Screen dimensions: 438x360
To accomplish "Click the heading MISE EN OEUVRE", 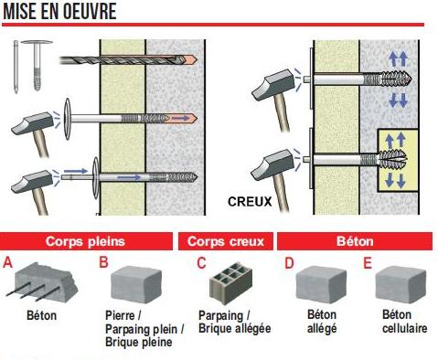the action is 59,12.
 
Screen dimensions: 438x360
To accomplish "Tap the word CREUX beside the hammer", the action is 250,202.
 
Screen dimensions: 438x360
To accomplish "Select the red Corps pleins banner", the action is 86,241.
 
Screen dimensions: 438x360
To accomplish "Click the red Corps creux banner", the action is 226,241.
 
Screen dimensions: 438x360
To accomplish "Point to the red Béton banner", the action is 355,241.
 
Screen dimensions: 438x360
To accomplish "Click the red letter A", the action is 8,262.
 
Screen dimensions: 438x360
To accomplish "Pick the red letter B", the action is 103,262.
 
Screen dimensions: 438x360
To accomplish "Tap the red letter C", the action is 201,263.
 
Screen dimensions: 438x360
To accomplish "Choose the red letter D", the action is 289,263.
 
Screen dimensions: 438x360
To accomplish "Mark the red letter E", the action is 368,263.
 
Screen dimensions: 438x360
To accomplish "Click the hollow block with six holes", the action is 230,282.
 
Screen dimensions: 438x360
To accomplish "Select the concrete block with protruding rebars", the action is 43,283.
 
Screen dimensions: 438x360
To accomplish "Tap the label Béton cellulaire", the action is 404,322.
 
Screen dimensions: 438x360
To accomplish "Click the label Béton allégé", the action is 322,322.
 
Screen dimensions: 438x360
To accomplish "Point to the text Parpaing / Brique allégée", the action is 234,322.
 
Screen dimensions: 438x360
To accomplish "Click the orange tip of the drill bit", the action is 190,59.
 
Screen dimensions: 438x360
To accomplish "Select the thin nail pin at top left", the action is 16,67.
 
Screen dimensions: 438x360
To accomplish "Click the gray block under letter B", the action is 136,284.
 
